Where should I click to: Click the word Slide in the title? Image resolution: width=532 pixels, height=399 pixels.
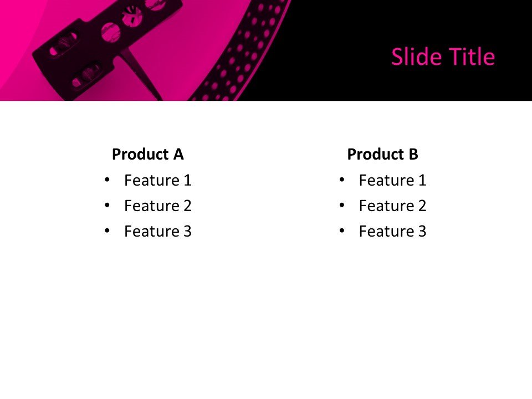pyautogui.click(x=413, y=57)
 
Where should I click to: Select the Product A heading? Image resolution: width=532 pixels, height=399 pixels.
pyautogui.click(x=147, y=154)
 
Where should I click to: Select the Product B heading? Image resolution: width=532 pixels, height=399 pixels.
pyautogui.click(x=382, y=154)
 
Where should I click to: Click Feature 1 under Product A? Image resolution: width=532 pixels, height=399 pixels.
pyautogui.click(x=158, y=180)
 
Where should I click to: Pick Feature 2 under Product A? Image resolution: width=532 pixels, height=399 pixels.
pyautogui.click(x=158, y=206)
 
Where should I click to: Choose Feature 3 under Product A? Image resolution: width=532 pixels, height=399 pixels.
pyautogui.click(x=158, y=231)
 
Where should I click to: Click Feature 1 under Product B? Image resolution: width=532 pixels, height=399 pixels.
pyautogui.click(x=392, y=180)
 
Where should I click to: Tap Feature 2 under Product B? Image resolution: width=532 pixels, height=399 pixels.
pyautogui.click(x=392, y=206)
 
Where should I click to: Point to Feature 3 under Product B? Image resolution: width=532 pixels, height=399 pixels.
pyautogui.click(x=392, y=231)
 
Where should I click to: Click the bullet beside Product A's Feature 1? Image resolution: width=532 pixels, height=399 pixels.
pyautogui.click(x=107, y=180)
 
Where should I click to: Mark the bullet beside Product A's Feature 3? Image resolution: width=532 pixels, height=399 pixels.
pyautogui.click(x=107, y=231)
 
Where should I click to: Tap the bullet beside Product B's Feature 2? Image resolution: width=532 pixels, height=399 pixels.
pyautogui.click(x=341, y=205)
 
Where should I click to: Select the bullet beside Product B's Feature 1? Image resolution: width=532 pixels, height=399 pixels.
pyautogui.click(x=341, y=180)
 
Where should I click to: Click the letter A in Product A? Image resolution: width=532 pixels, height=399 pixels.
pyautogui.click(x=178, y=154)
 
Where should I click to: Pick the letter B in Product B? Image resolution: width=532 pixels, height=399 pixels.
pyautogui.click(x=413, y=154)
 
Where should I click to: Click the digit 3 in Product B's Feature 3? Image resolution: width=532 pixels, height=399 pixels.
pyautogui.click(x=422, y=231)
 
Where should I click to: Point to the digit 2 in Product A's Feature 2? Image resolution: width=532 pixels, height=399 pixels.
pyautogui.click(x=187, y=206)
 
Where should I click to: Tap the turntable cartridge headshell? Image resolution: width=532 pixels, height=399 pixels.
pyautogui.click(x=105, y=42)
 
